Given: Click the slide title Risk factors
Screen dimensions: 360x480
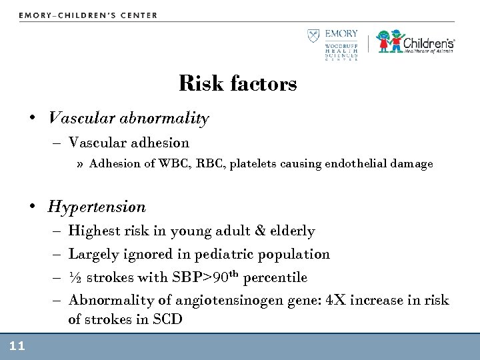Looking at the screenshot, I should (238, 85).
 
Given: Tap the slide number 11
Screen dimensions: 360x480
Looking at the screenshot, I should (17, 345).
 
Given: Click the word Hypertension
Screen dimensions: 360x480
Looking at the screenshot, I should (97, 207).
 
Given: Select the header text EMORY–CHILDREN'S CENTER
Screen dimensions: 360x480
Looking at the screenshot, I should (88, 15).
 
